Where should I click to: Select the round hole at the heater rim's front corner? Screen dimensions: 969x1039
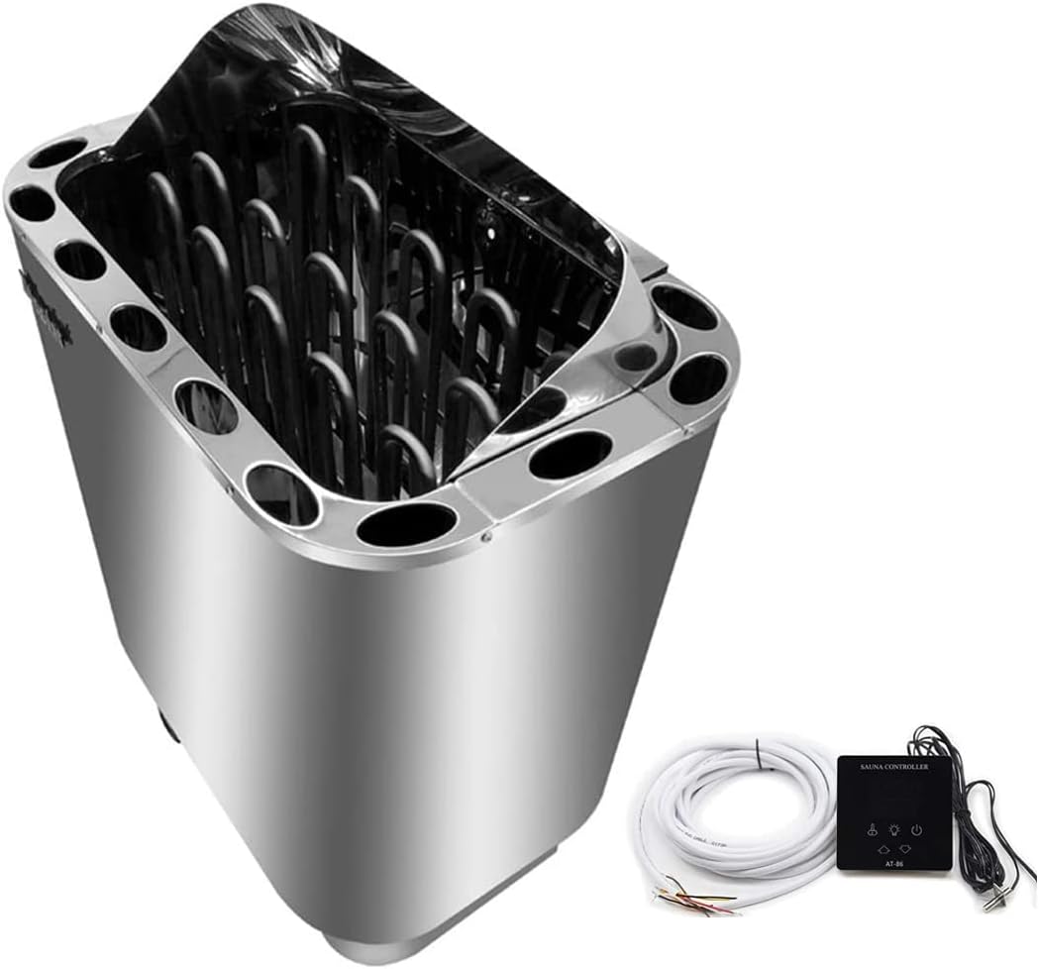406,523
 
